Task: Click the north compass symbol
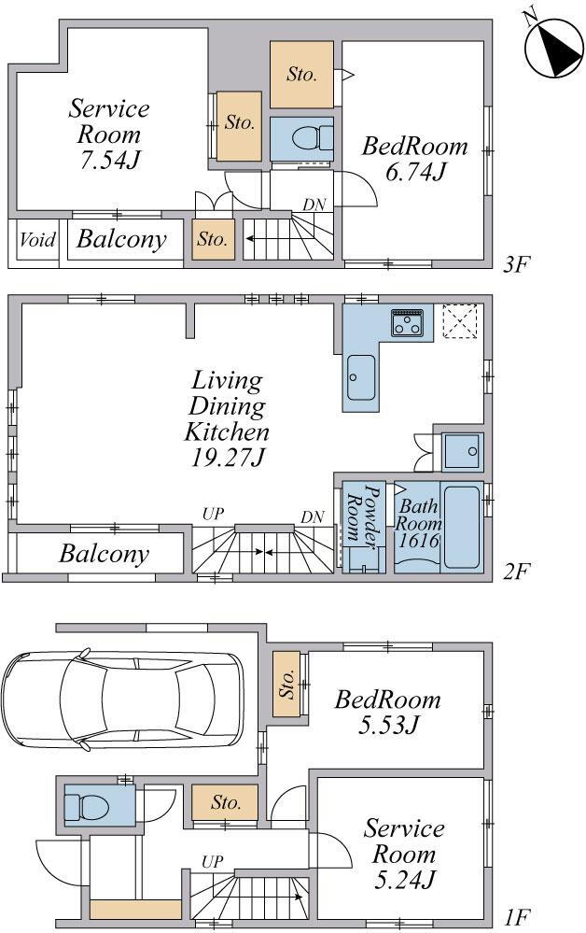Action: pos(554,47)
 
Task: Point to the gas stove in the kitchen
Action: pos(407,322)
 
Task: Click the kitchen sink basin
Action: pos(361,377)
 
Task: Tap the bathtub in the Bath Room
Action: pos(462,527)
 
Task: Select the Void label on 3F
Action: pos(37,240)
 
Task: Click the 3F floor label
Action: pos(515,263)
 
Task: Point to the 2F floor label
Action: pos(515,572)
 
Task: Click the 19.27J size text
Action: pos(228,458)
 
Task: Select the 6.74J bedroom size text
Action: pos(415,172)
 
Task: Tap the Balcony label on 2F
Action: pos(104,554)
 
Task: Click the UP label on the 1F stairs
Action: pos(212,861)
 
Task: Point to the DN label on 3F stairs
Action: pos(314,205)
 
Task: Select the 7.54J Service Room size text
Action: pos(109,160)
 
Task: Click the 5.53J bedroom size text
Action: pos(389,725)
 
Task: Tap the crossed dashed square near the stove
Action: pos(461,321)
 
